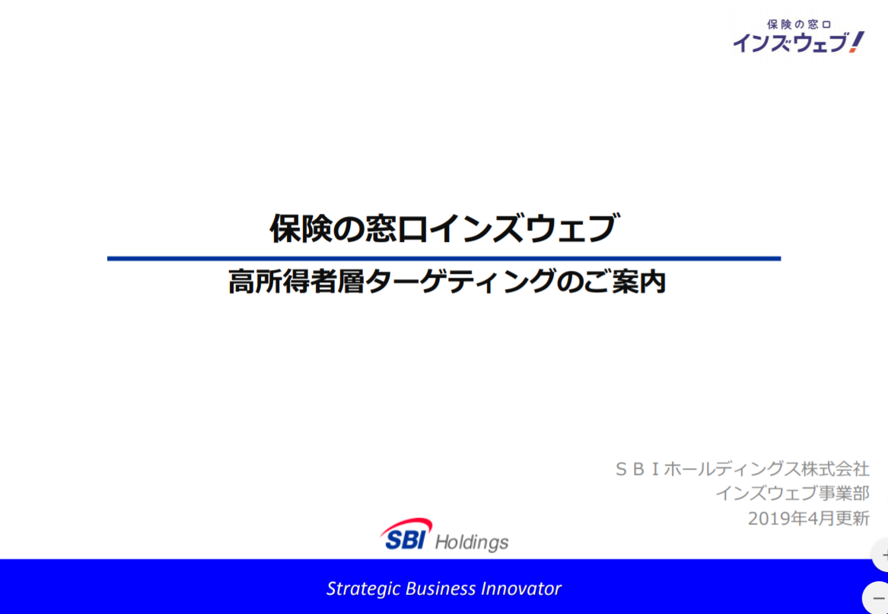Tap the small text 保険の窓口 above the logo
pyautogui.click(x=798, y=24)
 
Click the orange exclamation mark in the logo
pyautogui.click(x=857, y=43)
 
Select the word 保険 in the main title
pyautogui.click(x=297, y=228)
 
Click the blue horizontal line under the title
pyautogui.click(x=444, y=259)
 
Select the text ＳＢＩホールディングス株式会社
pyautogui.click(x=742, y=469)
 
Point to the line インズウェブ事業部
pyautogui.click(x=792, y=493)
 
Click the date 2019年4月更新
pyautogui.click(x=808, y=518)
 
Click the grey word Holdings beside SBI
pyautogui.click(x=472, y=542)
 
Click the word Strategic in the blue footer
pyautogui.click(x=364, y=588)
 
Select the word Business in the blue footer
pyautogui.click(x=441, y=588)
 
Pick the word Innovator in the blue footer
pyautogui.click(x=520, y=588)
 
